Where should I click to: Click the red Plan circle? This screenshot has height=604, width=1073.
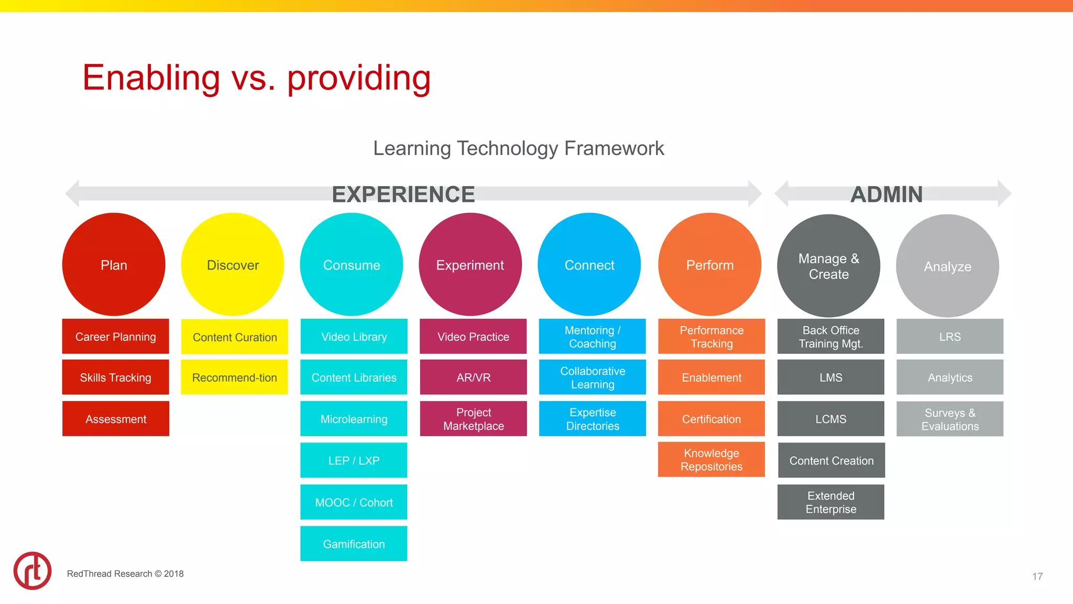pyautogui.click(x=114, y=264)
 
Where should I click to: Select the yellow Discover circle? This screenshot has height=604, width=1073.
pyautogui.click(x=233, y=264)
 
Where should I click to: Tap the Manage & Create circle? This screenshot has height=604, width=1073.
pyautogui.click(x=828, y=266)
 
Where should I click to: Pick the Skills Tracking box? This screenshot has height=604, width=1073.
pyautogui.click(x=115, y=377)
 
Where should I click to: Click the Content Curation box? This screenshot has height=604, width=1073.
pyautogui.click(x=234, y=337)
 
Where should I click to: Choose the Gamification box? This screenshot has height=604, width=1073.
pyautogui.click(x=354, y=544)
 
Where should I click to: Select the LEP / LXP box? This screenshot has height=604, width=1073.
pyautogui.click(x=354, y=460)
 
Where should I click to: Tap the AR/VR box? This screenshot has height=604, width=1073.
pyautogui.click(x=473, y=377)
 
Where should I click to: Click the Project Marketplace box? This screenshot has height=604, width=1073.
pyautogui.click(x=473, y=418)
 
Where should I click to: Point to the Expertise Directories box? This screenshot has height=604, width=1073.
pyautogui.click(x=592, y=418)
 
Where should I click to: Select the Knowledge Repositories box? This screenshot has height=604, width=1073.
pyautogui.click(x=711, y=459)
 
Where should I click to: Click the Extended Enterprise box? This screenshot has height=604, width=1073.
pyautogui.click(x=830, y=502)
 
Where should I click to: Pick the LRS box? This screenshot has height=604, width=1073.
pyautogui.click(x=949, y=336)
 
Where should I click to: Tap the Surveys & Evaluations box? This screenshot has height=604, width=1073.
pyautogui.click(x=949, y=418)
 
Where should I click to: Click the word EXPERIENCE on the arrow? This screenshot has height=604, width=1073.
pyautogui.click(x=403, y=195)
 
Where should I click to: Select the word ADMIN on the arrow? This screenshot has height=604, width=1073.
pyautogui.click(x=886, y=195)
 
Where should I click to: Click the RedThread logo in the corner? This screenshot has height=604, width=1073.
pyautogui.click(x=32, y=570)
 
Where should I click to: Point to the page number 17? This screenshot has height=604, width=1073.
pyautogui.click(x=1037, y=576)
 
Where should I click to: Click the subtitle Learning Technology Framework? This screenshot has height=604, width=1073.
pyautogui.click(x=518, y=148)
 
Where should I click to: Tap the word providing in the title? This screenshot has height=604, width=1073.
pyautogui.click(x=359, y=79)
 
